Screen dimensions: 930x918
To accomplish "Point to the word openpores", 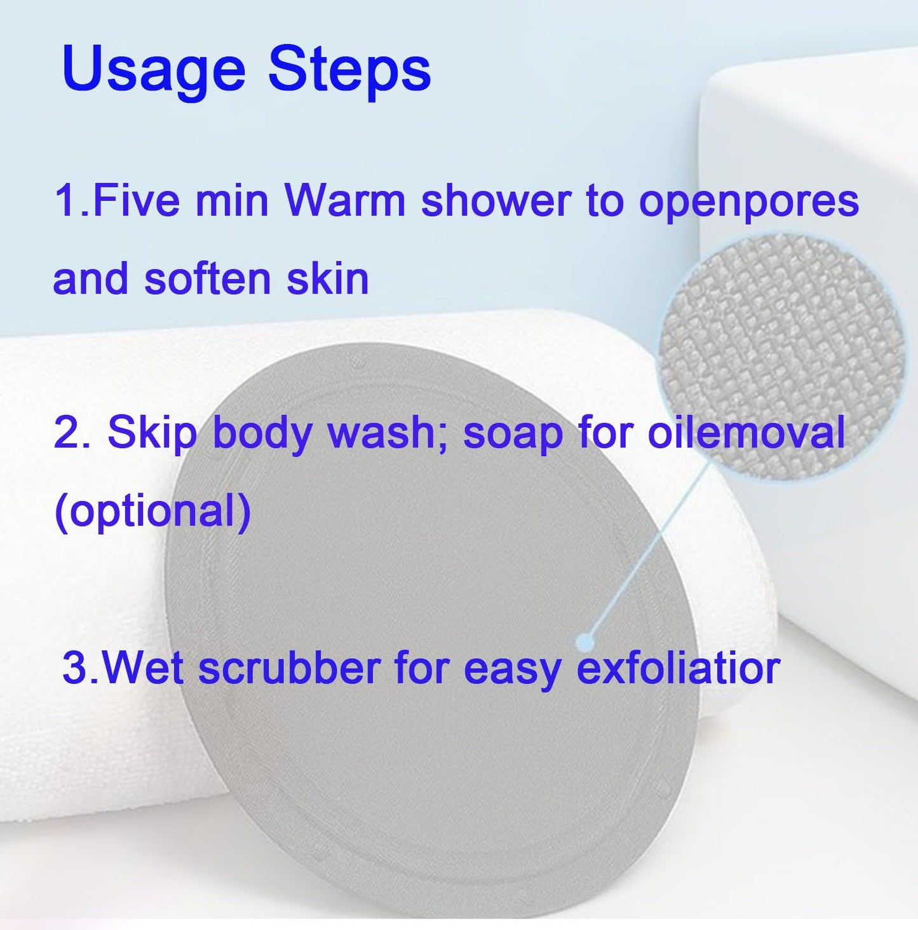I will [x=748, y=202].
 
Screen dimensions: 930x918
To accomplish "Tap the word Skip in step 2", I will [x=152, y=434].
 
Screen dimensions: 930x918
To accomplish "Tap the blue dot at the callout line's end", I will [x=586, y=642].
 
